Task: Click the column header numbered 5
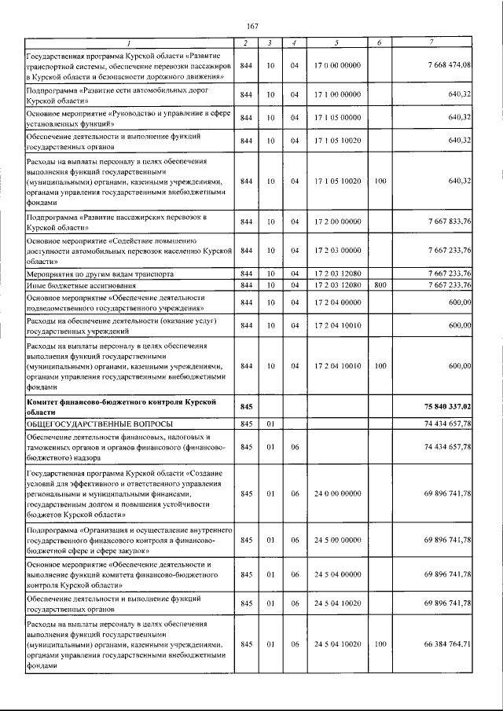pyautogui.click(x=336, y=42)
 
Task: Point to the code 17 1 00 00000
pyautogui.click(x=336, y=95)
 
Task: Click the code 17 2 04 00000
pyautogui.click(x=336, y=303)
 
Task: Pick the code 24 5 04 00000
pyautogui.click(x=336, y=575)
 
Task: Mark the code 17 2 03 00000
pyautogui.click(x=336, y=251)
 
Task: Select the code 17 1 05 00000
pyautogui.click(x=336, y=117)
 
